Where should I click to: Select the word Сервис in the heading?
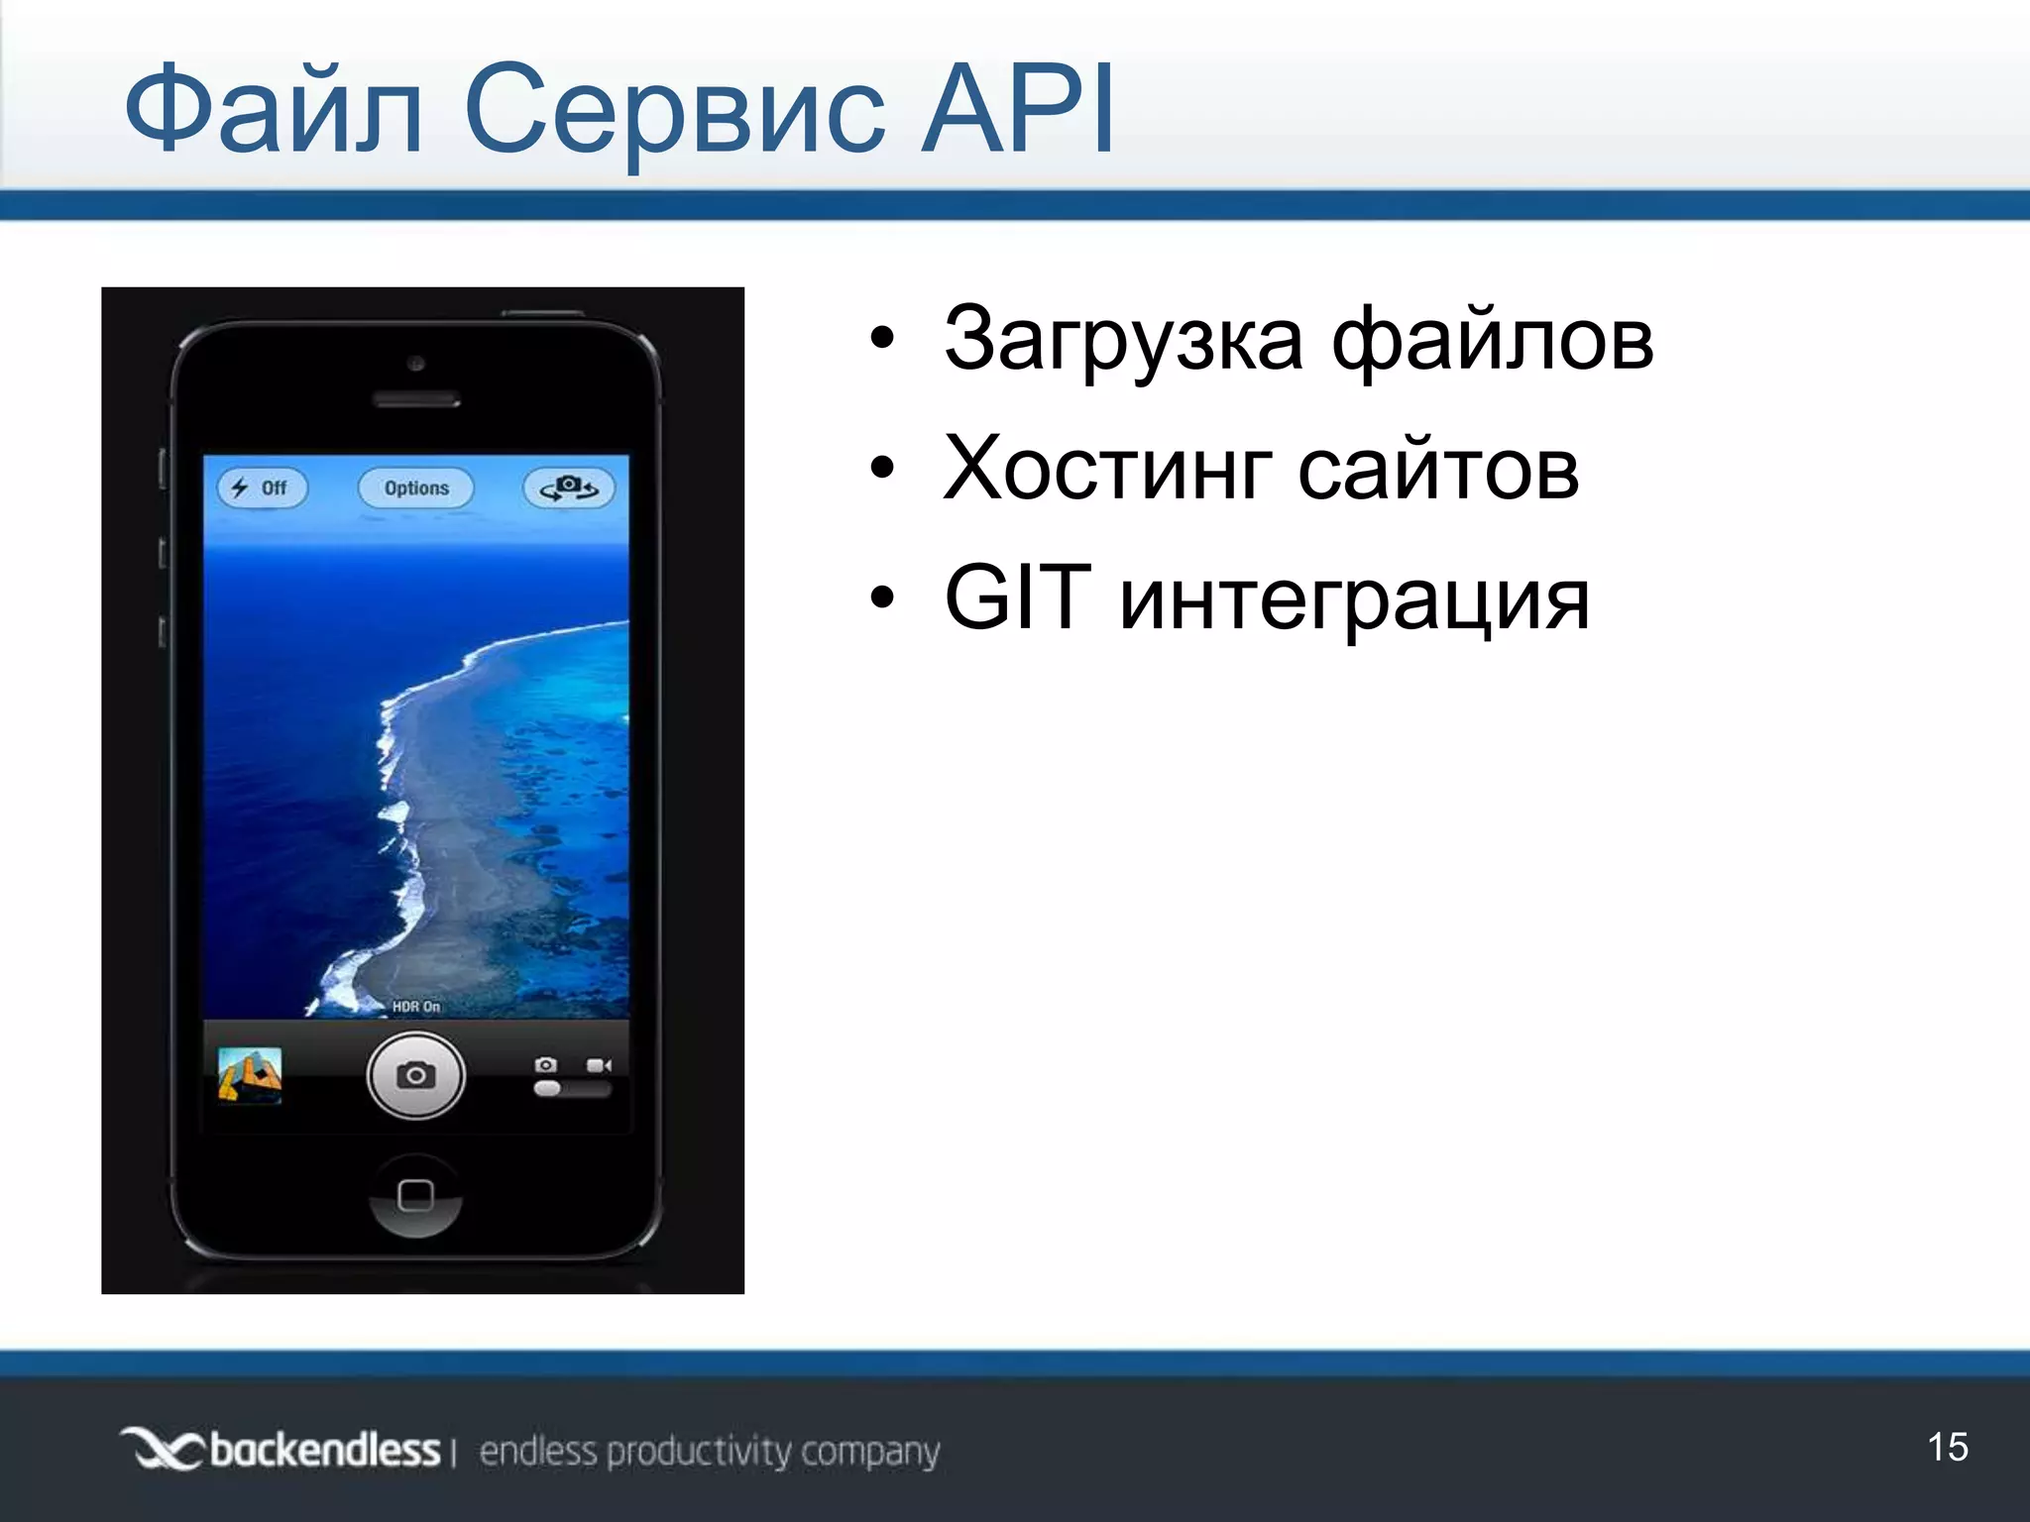(x=674, y=111)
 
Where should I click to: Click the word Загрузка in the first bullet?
(x=1123, y=341)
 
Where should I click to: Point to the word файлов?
(x=1492, y=341)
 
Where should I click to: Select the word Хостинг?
(x=1108, y=470)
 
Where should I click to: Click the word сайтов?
(x=1438, y=470)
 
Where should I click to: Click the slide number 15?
(x=1948, y=1448)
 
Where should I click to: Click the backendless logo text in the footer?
(x=323, y=1451)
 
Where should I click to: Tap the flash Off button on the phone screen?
(x=263, y=489)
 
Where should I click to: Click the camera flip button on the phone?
(x=568, y=488)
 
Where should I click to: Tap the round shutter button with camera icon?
(x=415, y=1075)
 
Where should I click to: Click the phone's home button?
(x=415, y=1195)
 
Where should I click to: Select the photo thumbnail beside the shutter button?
(x=250, y=1075)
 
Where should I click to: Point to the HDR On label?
(x=416, y=1007)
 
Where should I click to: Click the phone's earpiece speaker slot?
(x=415, y=400)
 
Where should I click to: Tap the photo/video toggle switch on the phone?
(x=572, y=1089)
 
